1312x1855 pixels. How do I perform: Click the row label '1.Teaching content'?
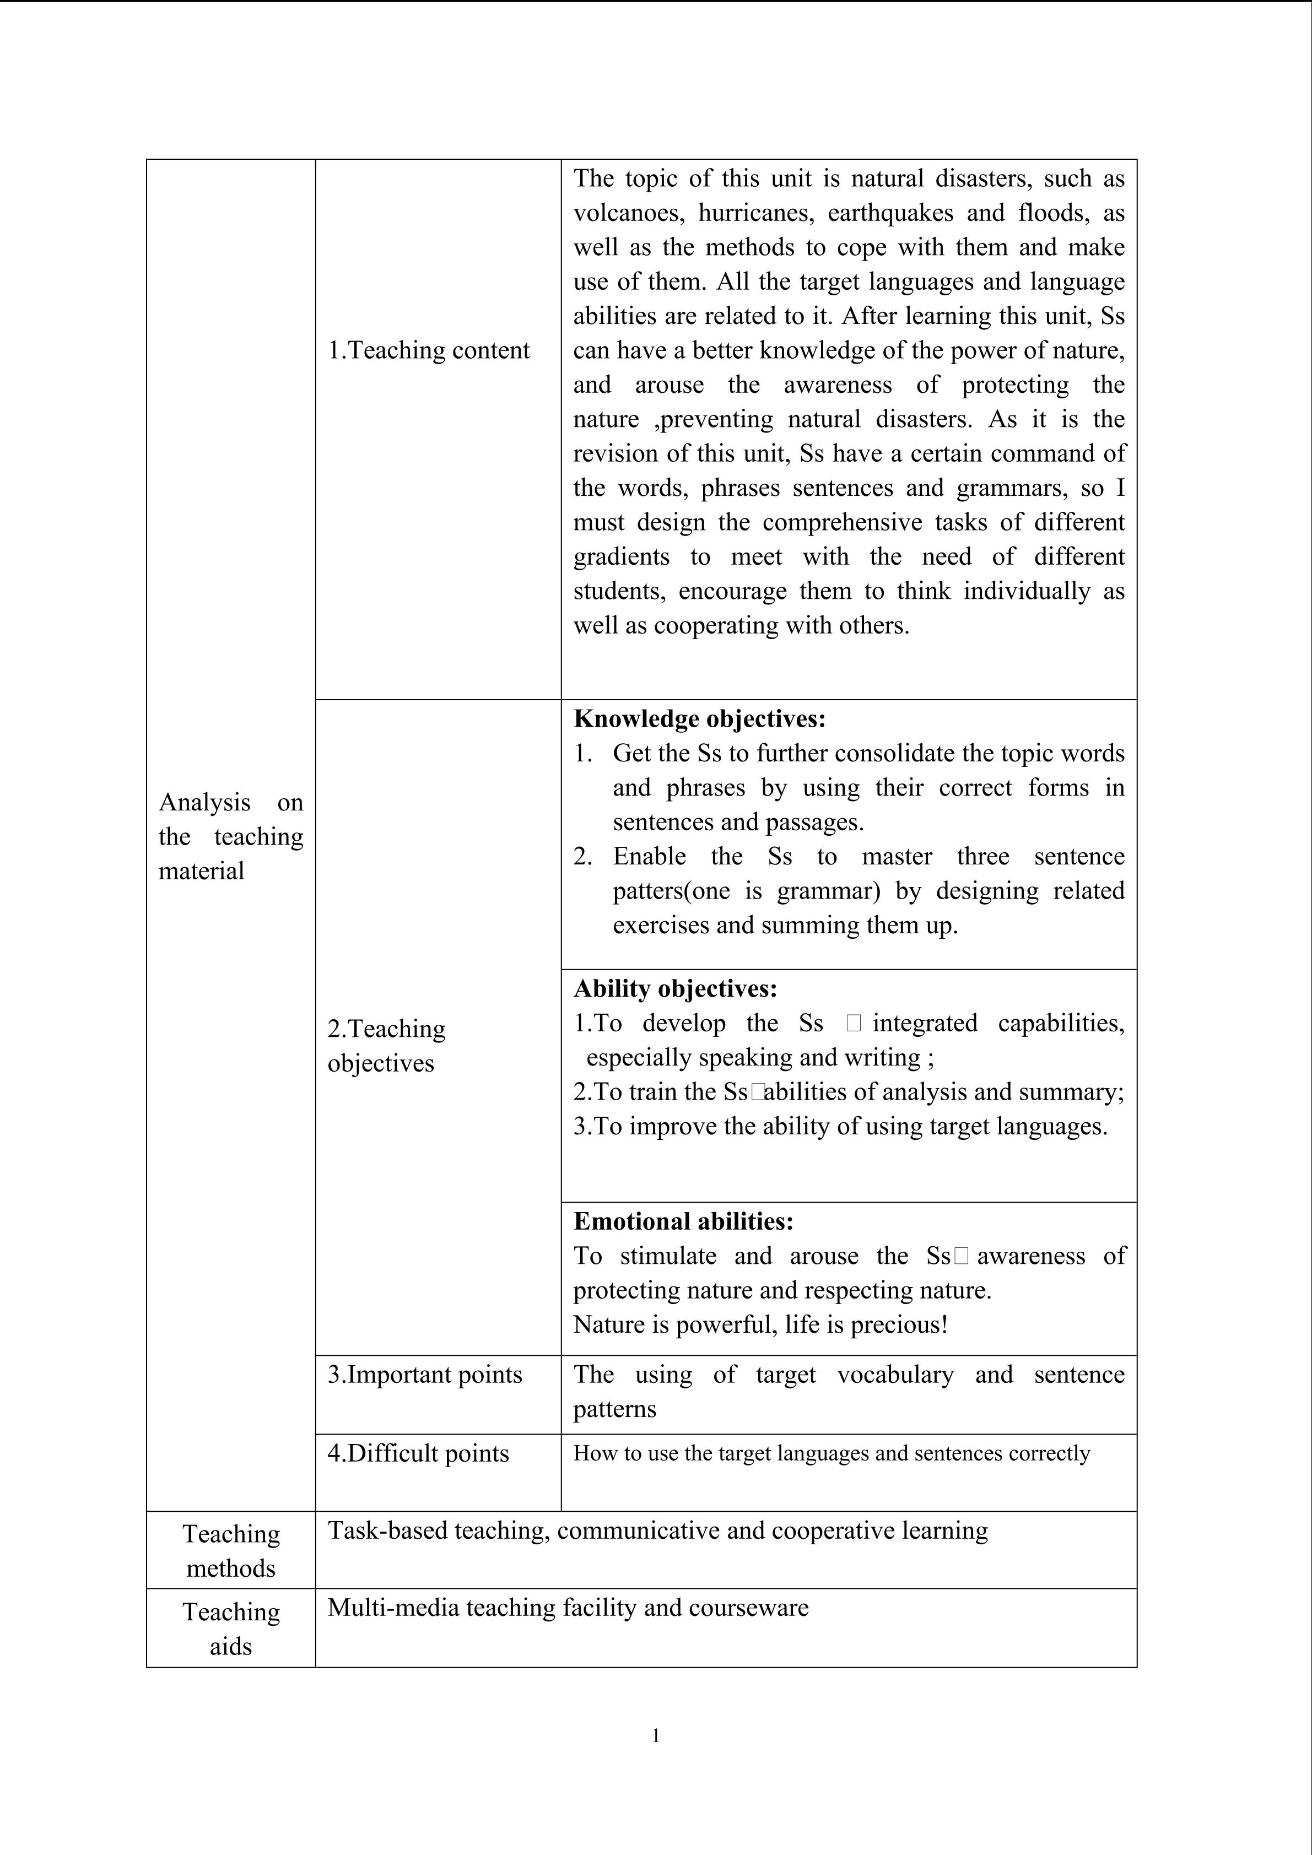pyautogui.click(x=428, y=350)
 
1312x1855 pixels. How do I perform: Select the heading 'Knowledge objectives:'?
pyautogui.click(x=700, y=718)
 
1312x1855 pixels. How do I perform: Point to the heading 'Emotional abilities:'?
pyautogui.click(x=683, y=1221)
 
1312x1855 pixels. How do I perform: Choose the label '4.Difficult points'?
pyautogui.click(x=418, y=1453)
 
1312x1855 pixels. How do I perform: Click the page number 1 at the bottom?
pyautogui.click(x=656, y=1735)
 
